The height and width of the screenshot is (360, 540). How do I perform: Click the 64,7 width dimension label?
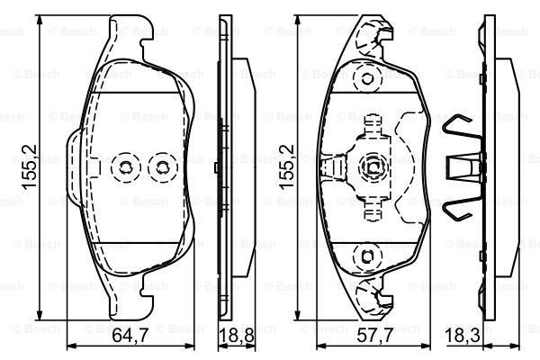tap(130, 336)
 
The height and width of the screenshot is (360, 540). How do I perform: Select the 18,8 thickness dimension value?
tap(237, 336)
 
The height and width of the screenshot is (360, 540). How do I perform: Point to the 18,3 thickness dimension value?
tap(463, 336)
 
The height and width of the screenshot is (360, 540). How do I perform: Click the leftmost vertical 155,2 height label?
tap(30, 167)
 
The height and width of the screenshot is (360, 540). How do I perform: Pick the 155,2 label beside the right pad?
tap(287, 167)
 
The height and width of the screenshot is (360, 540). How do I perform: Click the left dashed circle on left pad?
tap(125, 167)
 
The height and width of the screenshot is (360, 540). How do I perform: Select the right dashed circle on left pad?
tap(162, 167)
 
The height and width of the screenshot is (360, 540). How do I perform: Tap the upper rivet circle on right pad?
tap(368, 79)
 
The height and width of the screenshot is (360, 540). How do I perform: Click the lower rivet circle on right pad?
tap(368, 256)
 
